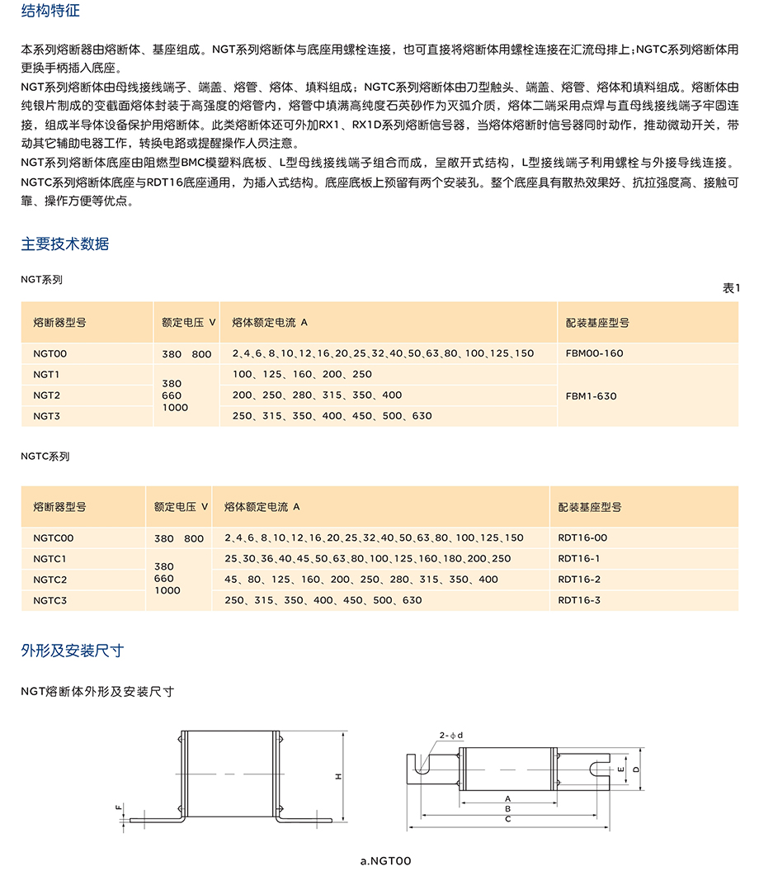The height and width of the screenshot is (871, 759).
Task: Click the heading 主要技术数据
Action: [64, 244]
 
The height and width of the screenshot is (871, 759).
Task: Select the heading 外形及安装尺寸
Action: [72, 651]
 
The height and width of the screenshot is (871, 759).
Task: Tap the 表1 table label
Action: [731, 287]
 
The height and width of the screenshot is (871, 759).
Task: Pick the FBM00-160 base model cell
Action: [594, 353]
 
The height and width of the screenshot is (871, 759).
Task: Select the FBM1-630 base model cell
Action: [591, 395]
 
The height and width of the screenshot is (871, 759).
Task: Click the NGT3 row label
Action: [46, 416]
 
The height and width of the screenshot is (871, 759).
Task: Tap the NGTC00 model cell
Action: [54, 538]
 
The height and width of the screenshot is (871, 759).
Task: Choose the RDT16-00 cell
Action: [582, 538]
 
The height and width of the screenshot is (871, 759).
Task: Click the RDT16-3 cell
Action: [579, 600]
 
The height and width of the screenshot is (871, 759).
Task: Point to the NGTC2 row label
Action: [50, 580]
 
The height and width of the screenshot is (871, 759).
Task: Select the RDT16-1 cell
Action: [579, 559]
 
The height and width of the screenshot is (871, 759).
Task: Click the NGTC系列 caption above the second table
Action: [45, 456]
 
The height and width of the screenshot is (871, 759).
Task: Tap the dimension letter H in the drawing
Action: [338, 777]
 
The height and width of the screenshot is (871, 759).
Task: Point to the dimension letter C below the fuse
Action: [508, 819]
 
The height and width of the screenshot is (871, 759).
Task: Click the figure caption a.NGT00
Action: [385, 861]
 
